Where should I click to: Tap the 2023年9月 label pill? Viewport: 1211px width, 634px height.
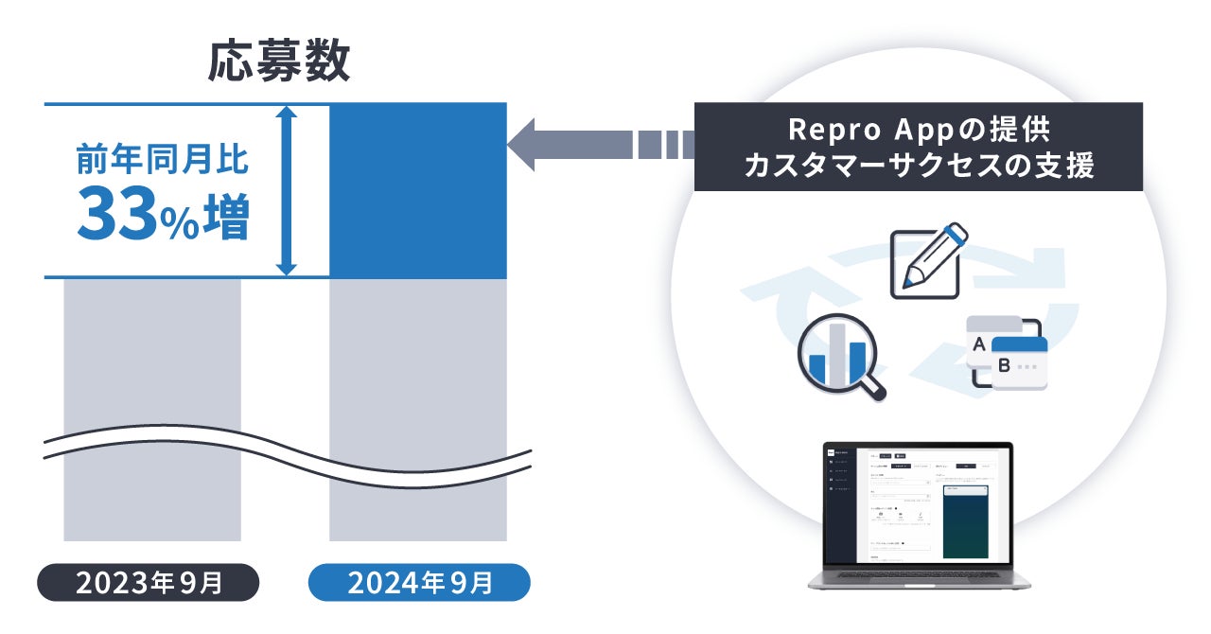coord(148,583)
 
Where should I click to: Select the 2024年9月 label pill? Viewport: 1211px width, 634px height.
coord(419,583)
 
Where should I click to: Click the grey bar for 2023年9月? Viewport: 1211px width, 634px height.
coord(152,360)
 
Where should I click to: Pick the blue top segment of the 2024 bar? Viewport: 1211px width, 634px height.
coord(417,189)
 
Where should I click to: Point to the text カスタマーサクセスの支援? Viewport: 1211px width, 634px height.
coord(918,166)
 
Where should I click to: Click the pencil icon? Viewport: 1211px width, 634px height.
coord(929,257)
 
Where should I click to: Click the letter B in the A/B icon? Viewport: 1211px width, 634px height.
coord(1004,365)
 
